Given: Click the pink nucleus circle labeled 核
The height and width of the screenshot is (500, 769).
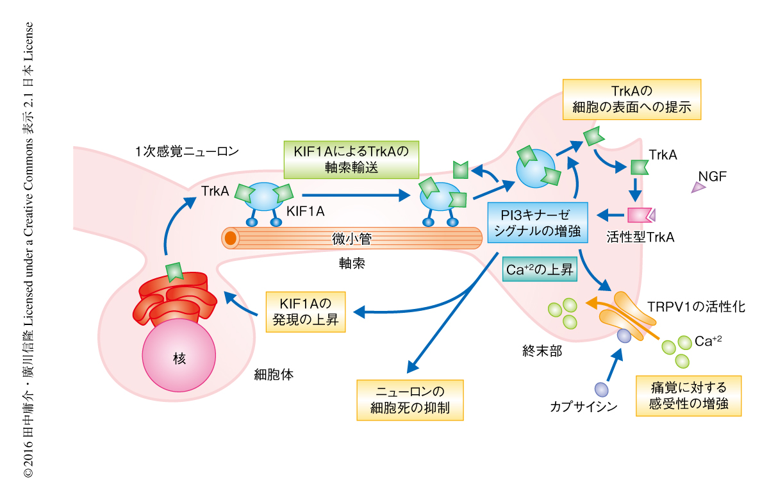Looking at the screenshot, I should pyautogui.click(x=178, y=358).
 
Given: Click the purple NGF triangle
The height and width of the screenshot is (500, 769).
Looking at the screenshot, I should pyautogui.click(x=697, y=187).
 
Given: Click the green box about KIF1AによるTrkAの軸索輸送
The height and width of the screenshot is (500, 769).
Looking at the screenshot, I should pyautogui.click(x=351, y=160).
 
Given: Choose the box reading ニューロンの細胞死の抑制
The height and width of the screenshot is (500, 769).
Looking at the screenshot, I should pyautogui.click(x=409, y=399).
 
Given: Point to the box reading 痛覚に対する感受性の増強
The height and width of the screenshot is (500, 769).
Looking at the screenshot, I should pyautogui.click(x=688, y=396).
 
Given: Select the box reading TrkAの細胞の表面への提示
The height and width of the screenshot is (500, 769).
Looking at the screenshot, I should pyautogui.click(x=631, y=99).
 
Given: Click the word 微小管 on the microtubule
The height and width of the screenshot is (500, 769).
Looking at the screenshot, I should pyautogui.click(x=352, y=239).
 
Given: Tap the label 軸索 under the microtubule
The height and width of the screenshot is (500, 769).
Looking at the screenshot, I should pyautogui.click(x=352, y=263).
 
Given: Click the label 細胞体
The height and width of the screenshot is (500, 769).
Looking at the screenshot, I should pyautogui.click(x=274, y=374).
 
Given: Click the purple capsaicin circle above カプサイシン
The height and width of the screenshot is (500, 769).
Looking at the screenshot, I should pyautogui.click(x=601, y=389).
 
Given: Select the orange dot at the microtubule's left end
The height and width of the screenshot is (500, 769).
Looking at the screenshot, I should pyautogui.click(x=231, y=238).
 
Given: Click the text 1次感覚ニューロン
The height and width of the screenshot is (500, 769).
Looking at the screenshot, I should pyautogui.click(x=187, y=152).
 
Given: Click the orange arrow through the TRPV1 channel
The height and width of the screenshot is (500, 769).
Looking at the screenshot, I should pyautogui.click(x=615, y=310).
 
